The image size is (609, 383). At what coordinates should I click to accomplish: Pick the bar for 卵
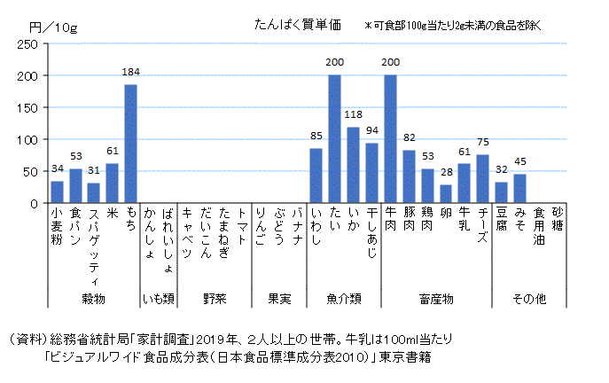[x=446, y=194]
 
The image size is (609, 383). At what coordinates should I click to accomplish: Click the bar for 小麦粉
[x=57, y=192]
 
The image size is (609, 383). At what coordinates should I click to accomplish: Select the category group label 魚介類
[x=344, y=299]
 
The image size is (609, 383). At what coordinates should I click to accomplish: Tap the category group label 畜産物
[x=436, y=299]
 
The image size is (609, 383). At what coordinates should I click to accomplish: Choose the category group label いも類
[x=160, y=299]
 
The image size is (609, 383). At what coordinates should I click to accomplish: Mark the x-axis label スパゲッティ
[x=94, y=235]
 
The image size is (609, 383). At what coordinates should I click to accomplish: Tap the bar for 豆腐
[x=501, y=192]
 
